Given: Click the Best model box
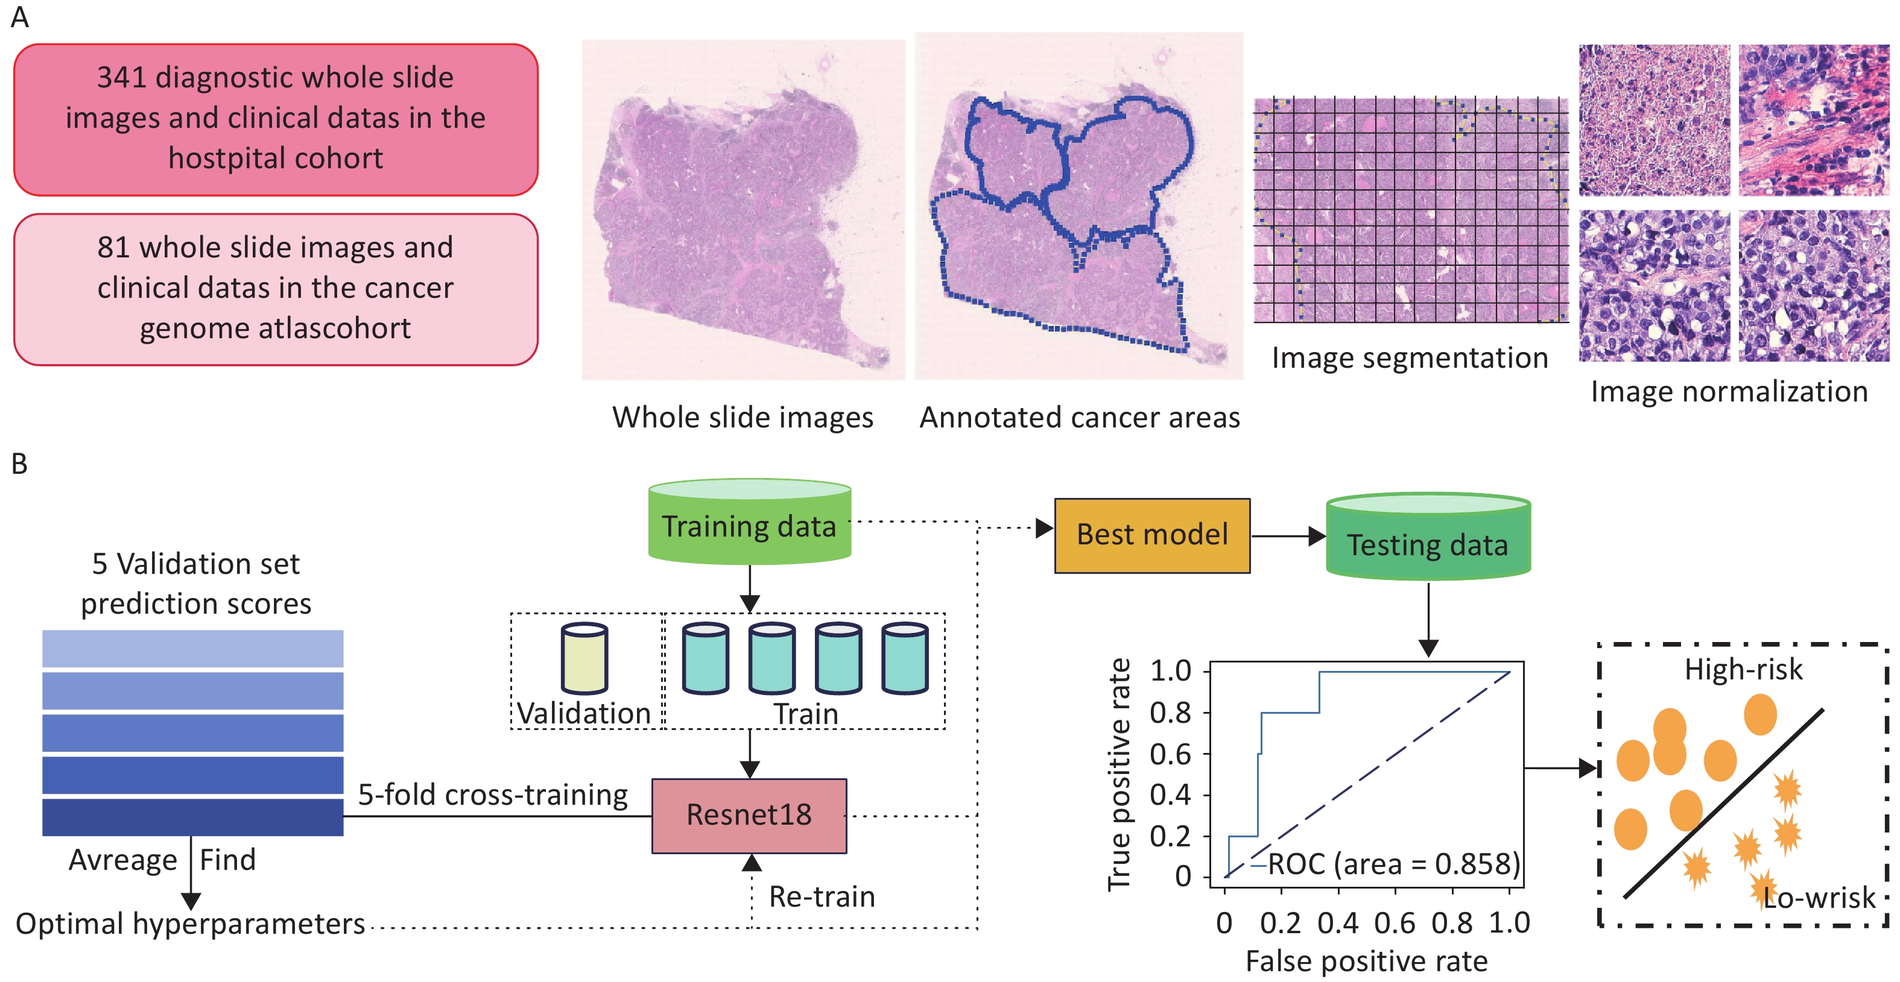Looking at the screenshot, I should click(x=1151, y=535).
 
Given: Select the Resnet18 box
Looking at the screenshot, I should click(x=749, y=816).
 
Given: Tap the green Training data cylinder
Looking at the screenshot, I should click(x=749, y=524).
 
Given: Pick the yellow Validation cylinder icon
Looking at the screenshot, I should click(x=584, y=658).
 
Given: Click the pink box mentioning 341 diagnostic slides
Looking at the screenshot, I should click(x=275, y=119).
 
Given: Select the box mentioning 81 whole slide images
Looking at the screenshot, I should click(x=275, y=289).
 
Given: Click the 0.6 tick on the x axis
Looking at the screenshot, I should click(x=1394, y=923).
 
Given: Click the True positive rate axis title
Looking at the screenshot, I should click(x=1119, y=774).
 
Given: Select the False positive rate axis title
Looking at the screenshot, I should click(x=1366, y=962).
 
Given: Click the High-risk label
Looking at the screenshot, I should click(x=1743, y=669).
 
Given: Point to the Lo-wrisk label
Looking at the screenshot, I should click(x=1819, y=897).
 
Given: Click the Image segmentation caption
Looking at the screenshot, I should click(x=1410, y=358).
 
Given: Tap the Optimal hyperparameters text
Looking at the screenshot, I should click(x=190, y=924).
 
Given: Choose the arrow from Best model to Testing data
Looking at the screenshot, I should click(x=1288, y=536).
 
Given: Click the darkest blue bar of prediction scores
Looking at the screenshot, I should click(x=192, y=817).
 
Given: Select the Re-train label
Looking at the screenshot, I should click(x=822, y=896).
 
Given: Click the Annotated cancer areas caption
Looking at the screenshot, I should click(x=1079, y=418).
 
